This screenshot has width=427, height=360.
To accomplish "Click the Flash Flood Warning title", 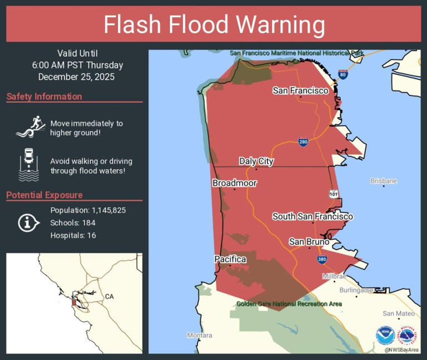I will click(214, 25).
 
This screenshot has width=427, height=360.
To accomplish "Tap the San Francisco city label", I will click(300, 90).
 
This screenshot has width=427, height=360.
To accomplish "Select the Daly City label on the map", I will click(256, 161).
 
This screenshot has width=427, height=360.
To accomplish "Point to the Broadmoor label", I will click(235, 183).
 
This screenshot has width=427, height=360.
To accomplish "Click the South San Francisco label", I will click(312, 216).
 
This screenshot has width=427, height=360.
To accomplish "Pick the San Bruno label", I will click(309, 242).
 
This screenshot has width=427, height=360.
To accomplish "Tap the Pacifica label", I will click(230, 259).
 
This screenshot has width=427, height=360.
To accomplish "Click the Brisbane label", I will click(384, 181).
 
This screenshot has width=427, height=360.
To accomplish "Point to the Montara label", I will click(199, 336).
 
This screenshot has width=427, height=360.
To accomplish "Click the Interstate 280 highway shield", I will click(303, 142).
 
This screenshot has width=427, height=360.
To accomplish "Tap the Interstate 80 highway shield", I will click(343, 74).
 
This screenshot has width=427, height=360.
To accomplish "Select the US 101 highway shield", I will click(333, 194).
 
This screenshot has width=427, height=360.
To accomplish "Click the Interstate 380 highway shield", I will click(322, 259).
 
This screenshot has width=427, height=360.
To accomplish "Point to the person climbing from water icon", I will click(30, 127).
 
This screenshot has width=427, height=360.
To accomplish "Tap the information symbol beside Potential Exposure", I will click(28, 223).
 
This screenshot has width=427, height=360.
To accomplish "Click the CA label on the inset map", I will click(109, 297).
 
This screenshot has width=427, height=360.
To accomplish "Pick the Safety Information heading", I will click(44, 97).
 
